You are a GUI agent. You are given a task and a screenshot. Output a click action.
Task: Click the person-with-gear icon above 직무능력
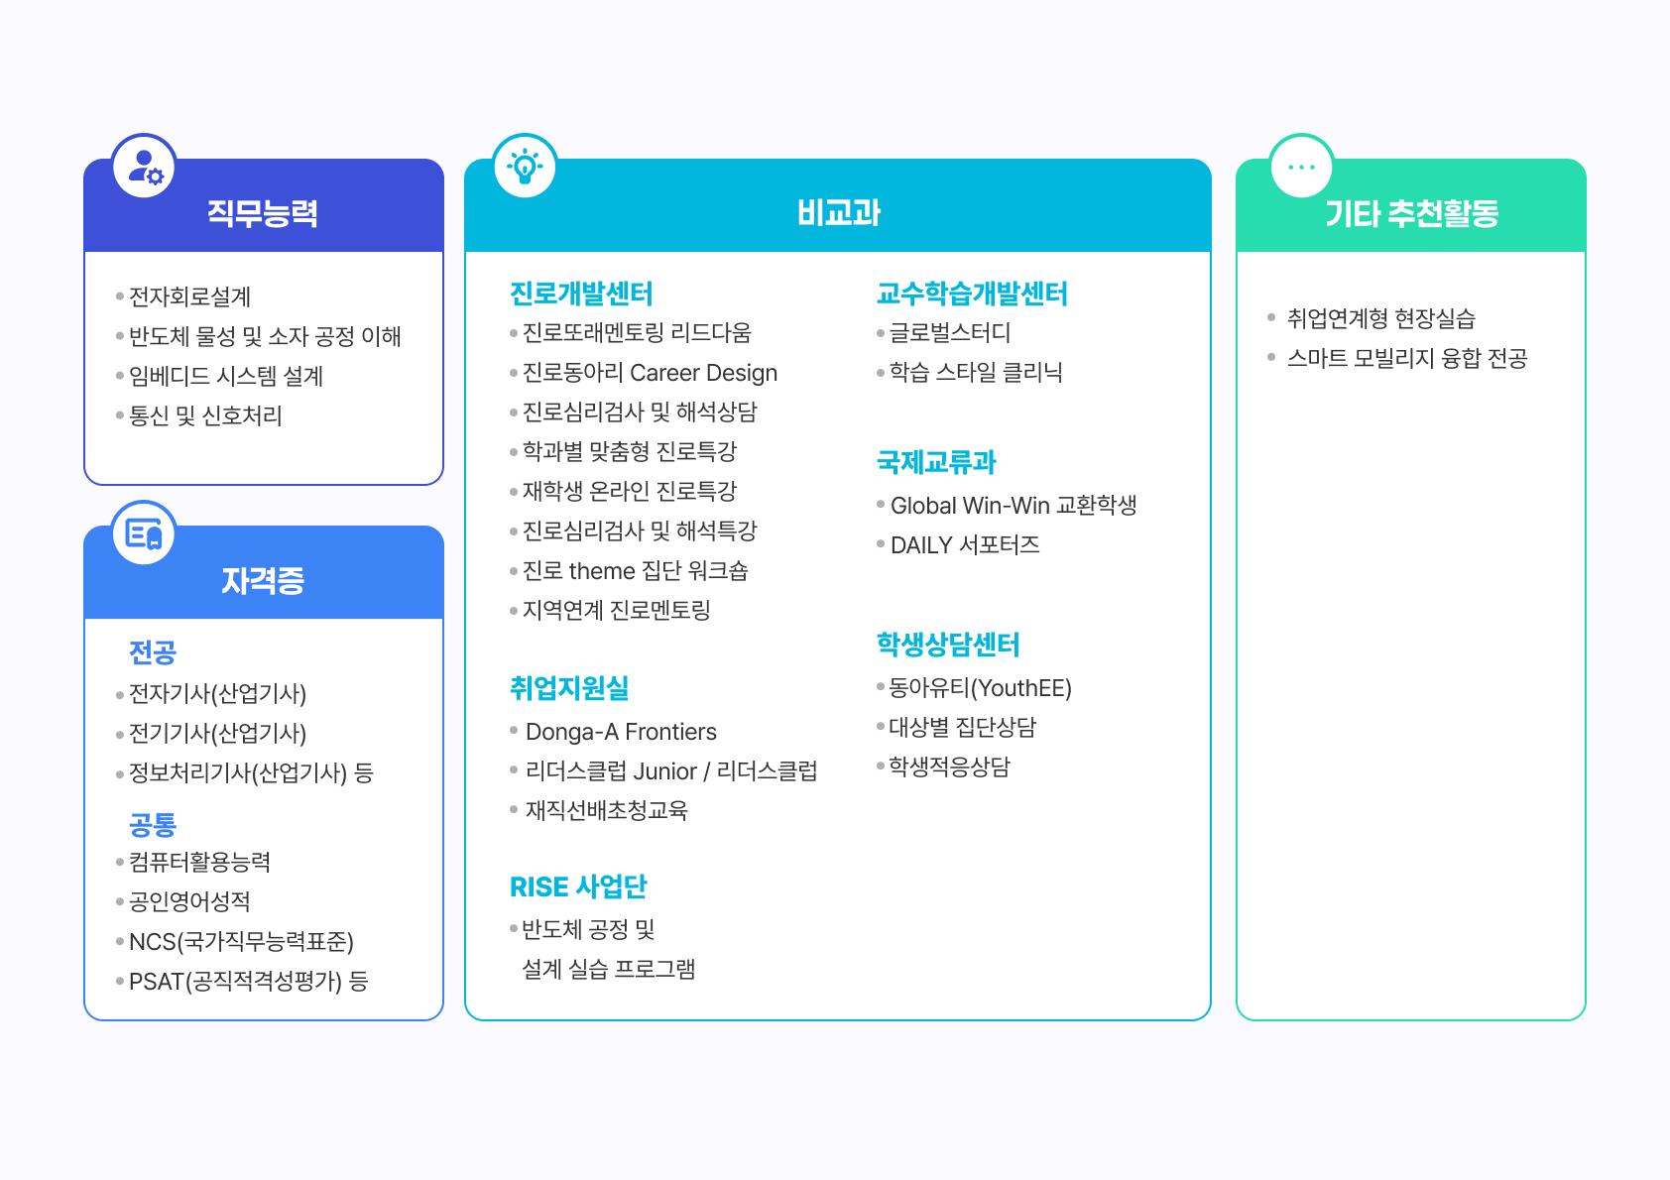point(145,167)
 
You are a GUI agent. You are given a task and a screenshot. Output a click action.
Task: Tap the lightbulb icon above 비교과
point(525,167)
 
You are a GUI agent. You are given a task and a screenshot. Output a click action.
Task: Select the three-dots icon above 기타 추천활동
point(1301,167)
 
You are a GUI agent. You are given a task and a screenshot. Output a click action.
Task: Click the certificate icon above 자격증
point(145,533)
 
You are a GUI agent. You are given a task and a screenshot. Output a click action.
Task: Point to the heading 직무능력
point(263,213)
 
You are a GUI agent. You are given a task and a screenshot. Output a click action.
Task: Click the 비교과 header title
point(838,213)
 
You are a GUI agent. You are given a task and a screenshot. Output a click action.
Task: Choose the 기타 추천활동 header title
point(1411,213)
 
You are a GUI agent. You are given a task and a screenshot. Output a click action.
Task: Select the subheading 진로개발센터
point(581,294)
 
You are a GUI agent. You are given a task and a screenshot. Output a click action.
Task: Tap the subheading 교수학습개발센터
point(972,294)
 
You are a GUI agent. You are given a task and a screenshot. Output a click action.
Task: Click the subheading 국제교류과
point(936,462)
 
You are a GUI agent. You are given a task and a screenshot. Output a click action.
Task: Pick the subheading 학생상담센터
point(948,645)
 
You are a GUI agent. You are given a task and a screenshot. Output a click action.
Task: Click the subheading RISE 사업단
point(578,886)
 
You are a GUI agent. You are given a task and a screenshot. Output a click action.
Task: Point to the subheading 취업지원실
point(569,688)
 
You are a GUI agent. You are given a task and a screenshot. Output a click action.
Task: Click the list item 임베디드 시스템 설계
point(226,377)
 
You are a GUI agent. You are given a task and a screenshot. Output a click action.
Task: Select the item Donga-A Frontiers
point(621,732)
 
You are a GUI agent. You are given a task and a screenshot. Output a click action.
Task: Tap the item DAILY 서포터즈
point(965,545)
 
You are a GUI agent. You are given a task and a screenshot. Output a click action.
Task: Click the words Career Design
point(703,373)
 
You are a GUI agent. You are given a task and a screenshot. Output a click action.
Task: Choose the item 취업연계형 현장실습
point(1380,318)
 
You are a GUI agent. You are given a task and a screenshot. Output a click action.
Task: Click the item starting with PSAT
point(248,982)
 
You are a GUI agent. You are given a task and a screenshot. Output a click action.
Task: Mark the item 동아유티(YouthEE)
point(980,688)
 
